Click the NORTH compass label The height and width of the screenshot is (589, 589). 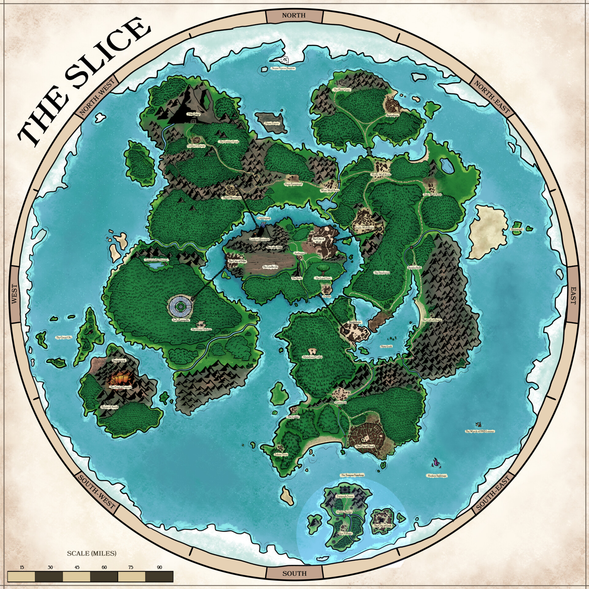tap(294, 15)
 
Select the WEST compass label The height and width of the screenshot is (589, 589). tap(14, 294)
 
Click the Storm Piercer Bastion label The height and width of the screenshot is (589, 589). tap(283, 68)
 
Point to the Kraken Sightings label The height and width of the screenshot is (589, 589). tap(437, 476)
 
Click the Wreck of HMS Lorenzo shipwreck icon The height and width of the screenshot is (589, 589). tap(478, 424)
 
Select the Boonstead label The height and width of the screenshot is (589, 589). tap(517, 229)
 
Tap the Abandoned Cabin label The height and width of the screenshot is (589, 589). tap(312, 357)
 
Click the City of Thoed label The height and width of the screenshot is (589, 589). tap(365, 446)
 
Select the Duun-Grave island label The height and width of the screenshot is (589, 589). tap(271, 123)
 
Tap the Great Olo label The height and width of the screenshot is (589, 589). tap(64, 337)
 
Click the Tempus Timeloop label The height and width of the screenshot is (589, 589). tap(352, 475)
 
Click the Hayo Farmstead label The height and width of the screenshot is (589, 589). tap(293, 184)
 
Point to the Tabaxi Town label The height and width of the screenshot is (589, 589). tap(281, 454)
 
